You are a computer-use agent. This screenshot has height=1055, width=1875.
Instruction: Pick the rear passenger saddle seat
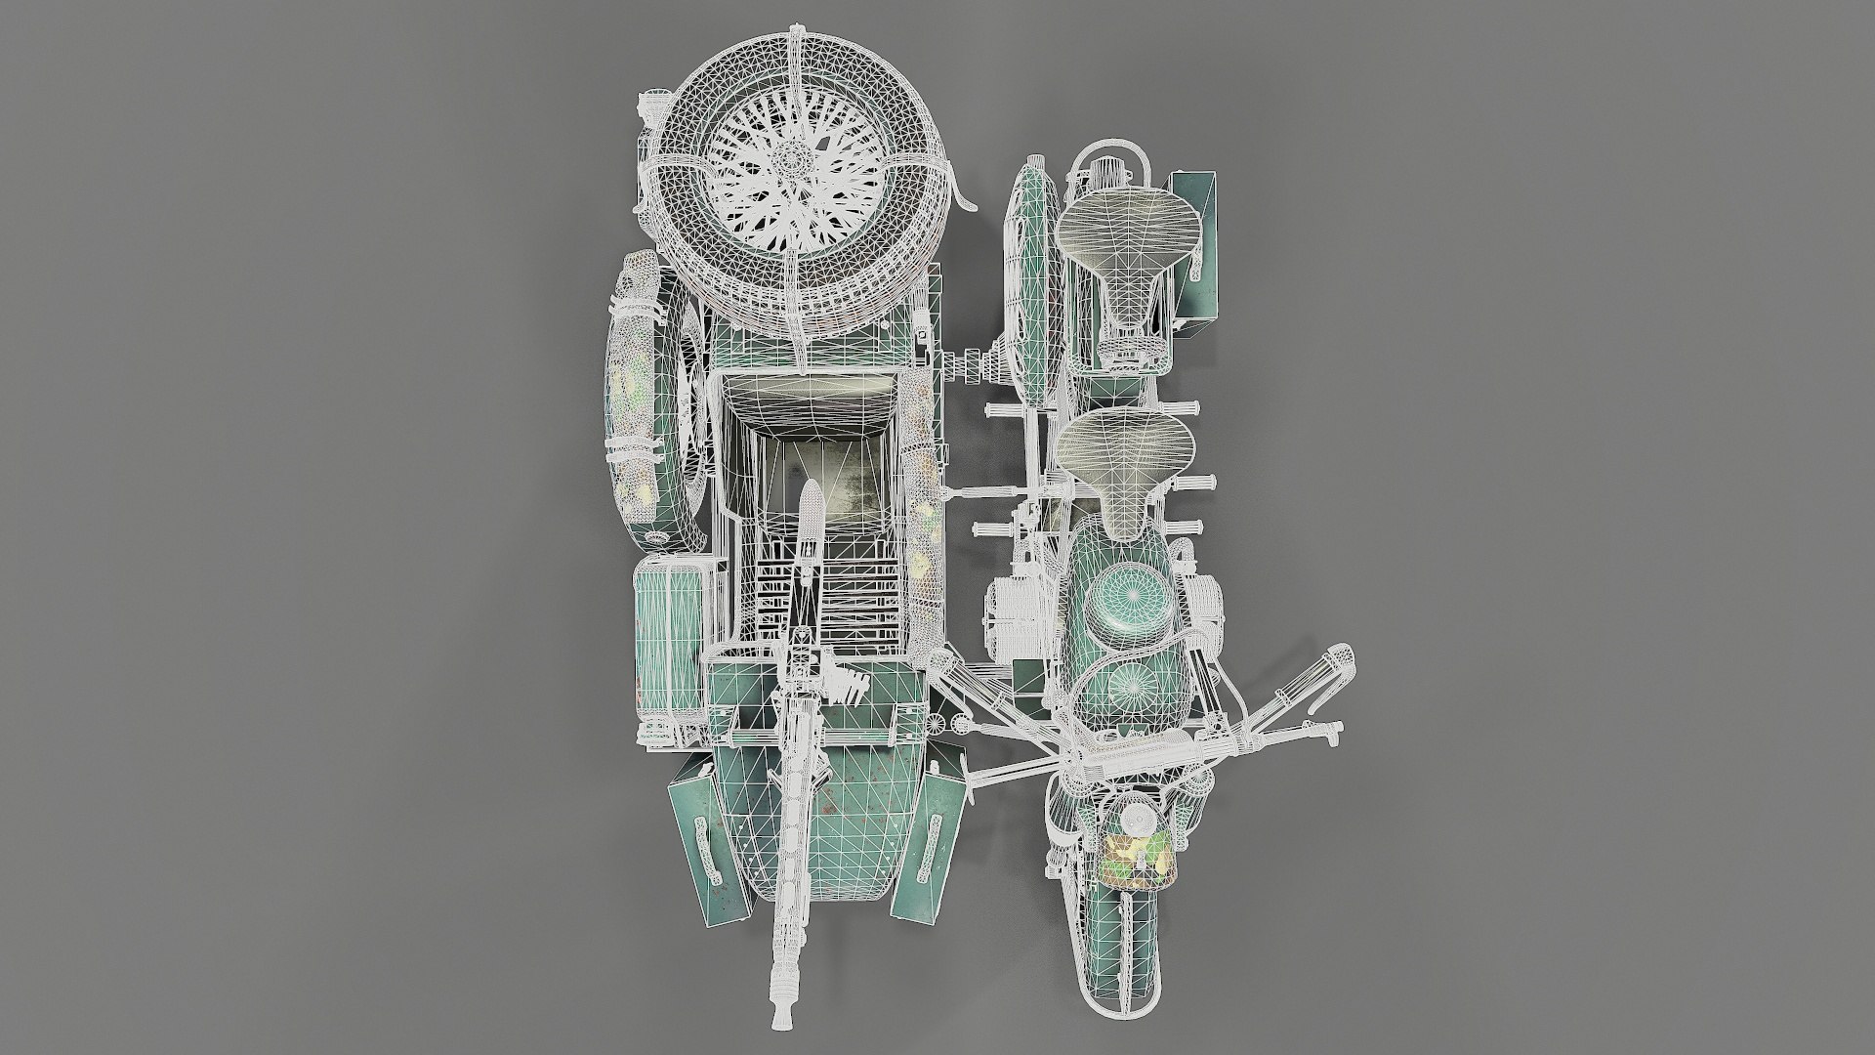pos(1128,238)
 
